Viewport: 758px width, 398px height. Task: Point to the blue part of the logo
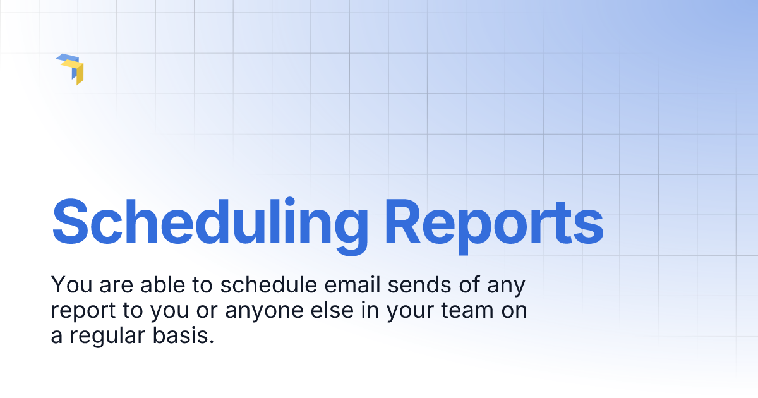[65, 59]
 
